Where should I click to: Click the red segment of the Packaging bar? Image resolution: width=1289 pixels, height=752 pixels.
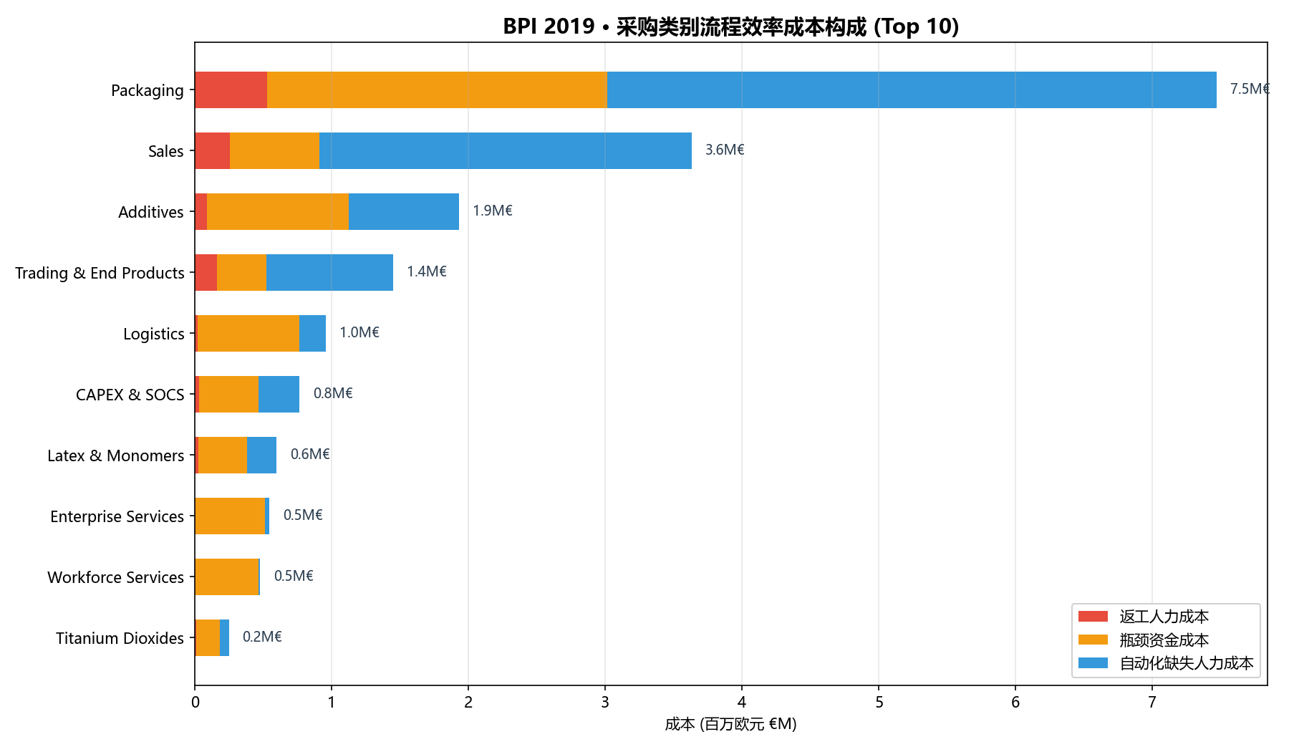[x=231, y=90]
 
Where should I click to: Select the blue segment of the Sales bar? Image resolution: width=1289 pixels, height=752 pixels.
[x=506, y=150]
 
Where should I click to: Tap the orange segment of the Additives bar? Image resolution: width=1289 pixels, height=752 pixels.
[x=278, y=211]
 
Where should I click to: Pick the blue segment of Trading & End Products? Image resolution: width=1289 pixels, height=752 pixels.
[x=329, y=272]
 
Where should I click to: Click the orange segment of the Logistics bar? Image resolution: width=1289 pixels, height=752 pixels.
[x=248, y=333]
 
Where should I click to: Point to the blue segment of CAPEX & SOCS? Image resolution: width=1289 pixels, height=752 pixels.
[x=279, y=394]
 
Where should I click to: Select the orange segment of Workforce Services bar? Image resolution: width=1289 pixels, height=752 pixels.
[x=226, y=577]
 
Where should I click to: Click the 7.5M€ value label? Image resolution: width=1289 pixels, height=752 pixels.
[x=1250, y=89]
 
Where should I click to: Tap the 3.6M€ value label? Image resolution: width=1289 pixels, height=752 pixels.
[x=725, y=150]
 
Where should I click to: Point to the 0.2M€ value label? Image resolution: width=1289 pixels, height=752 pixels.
[x=262, y=637]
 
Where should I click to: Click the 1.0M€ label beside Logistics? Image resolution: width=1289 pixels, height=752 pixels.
[x=359, y=332]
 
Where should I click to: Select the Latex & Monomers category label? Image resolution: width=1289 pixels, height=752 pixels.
[x=116, y=455]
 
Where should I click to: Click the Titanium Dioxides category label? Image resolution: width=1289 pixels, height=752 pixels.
[x=120, y=638]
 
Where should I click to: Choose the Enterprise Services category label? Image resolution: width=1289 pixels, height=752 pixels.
[x=117, y=516]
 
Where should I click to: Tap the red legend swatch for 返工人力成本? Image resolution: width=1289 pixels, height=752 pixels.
[x=1093, y=617]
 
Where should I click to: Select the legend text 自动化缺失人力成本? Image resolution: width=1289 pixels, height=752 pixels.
[x=1187, y=663]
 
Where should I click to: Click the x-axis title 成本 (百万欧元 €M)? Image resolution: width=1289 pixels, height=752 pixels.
[x=730, y=724]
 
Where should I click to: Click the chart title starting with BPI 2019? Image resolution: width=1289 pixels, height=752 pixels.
[x=730, y=26]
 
